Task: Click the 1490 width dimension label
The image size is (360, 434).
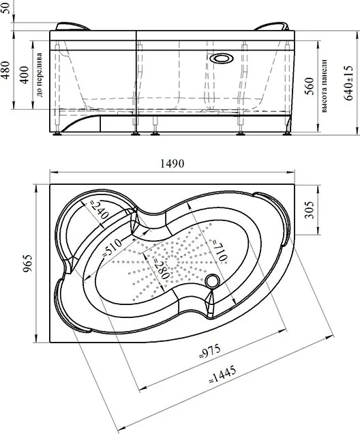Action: point(172,164)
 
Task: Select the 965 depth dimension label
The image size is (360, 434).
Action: point(27,263)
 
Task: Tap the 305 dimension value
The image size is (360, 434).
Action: point(310,209)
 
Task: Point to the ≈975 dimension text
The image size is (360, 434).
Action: point(210,351)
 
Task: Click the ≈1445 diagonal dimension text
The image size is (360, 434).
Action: point(222,374)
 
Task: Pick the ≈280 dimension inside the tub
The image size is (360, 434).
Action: point(161,268)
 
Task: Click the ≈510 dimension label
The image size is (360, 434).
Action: point(112,247)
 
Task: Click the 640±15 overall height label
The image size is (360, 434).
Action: point(348,83)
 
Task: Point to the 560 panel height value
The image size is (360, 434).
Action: point(310,87)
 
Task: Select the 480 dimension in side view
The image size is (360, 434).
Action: point(5,70)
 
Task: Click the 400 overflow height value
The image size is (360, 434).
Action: point(25,75)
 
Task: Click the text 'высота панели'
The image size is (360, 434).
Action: point(325,86)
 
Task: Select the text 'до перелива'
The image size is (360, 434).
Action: point(40,74)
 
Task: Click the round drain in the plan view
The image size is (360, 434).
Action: point(212,280)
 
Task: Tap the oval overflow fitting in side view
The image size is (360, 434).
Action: point(222,58)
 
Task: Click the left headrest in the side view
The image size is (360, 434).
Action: point(73,27)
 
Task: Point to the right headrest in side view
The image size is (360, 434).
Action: point(271,26)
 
